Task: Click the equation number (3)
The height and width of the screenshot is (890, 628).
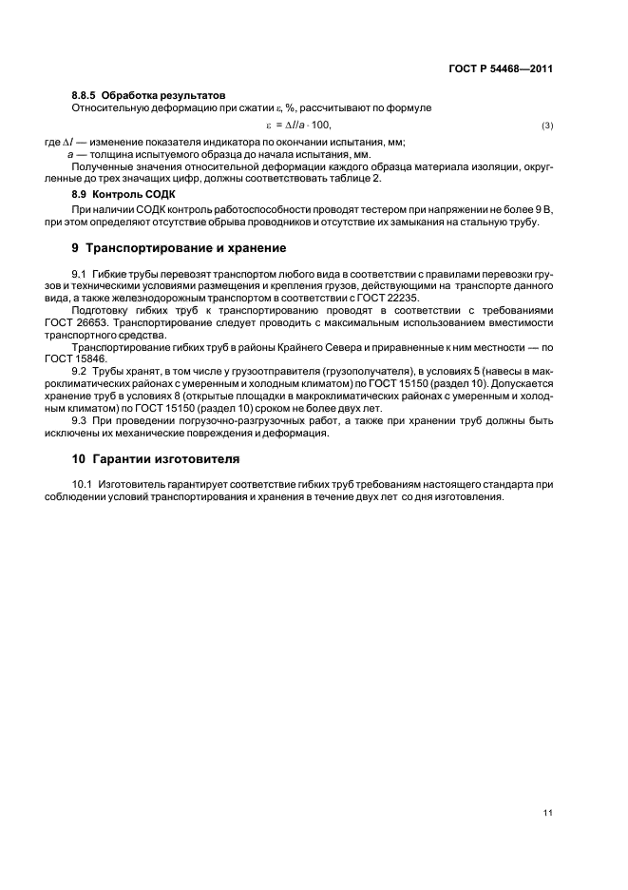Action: (547, 126)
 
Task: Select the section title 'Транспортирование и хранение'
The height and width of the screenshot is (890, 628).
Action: (185, 248)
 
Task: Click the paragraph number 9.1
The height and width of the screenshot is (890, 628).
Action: (80, 274)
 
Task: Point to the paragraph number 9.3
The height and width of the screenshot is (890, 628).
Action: (80, 421)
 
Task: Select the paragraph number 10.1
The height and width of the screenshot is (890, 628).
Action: (83, 484)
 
